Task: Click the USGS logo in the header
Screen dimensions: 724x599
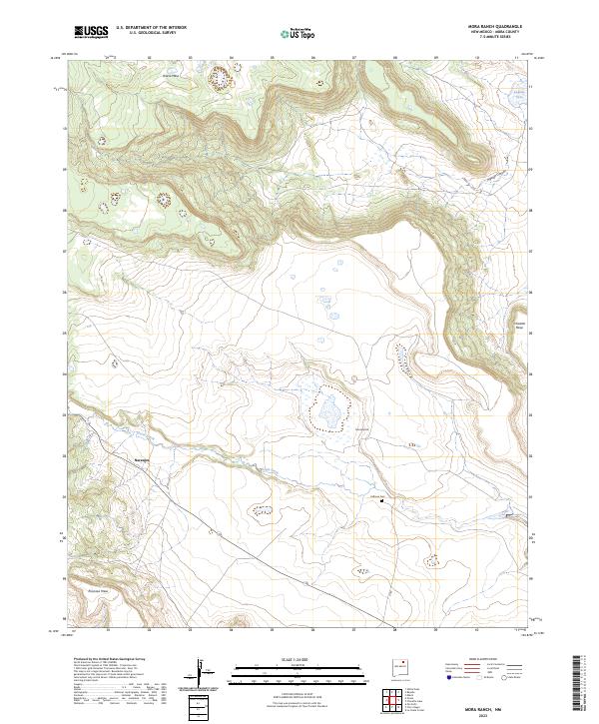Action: point(91,32)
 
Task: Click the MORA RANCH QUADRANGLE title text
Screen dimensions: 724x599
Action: point(496,26)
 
